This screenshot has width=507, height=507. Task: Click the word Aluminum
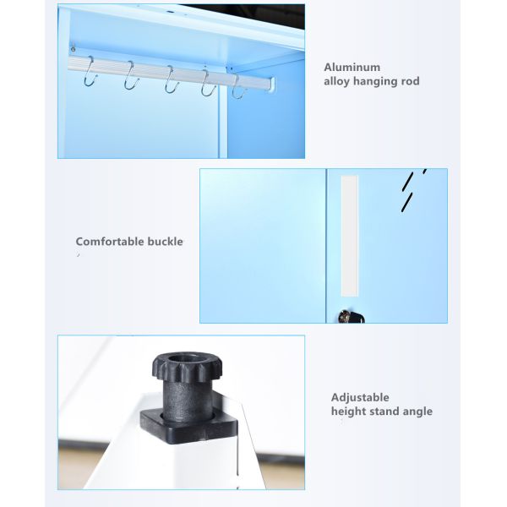click(x=352, y=67)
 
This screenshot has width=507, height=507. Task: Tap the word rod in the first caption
click(x=407, y=82)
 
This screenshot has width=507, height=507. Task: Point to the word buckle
click(x=166, y=242)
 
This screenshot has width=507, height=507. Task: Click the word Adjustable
click(x=360, y=396)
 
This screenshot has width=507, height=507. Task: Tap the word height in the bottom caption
click(x=349, y=412)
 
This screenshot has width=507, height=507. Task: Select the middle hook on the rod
click(x=170, y=82)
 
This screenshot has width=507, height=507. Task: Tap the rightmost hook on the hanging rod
click(x=239, y=88)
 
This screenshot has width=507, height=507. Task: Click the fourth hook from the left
click(x=207, y=84)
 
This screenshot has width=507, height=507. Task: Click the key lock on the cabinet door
click(x=346, y=316)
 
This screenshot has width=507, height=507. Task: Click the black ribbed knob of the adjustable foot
click(x=185, y=368)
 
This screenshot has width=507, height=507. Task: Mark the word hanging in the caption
click(x=377, y=82)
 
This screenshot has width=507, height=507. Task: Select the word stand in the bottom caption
click(x=384, y=412)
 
